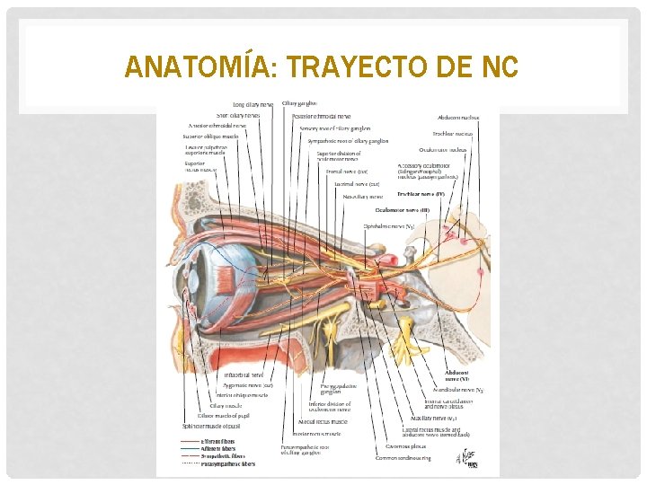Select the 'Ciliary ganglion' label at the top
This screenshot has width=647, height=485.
pyautogui.click(x=299, y=103)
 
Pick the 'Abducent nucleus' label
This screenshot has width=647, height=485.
pyautogui.click(x=458, y=117)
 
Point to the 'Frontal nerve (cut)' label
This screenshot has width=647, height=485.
pyautogui.click(x=350, y=171)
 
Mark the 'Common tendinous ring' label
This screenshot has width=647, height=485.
pyautogui.click(x=403, y=458)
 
